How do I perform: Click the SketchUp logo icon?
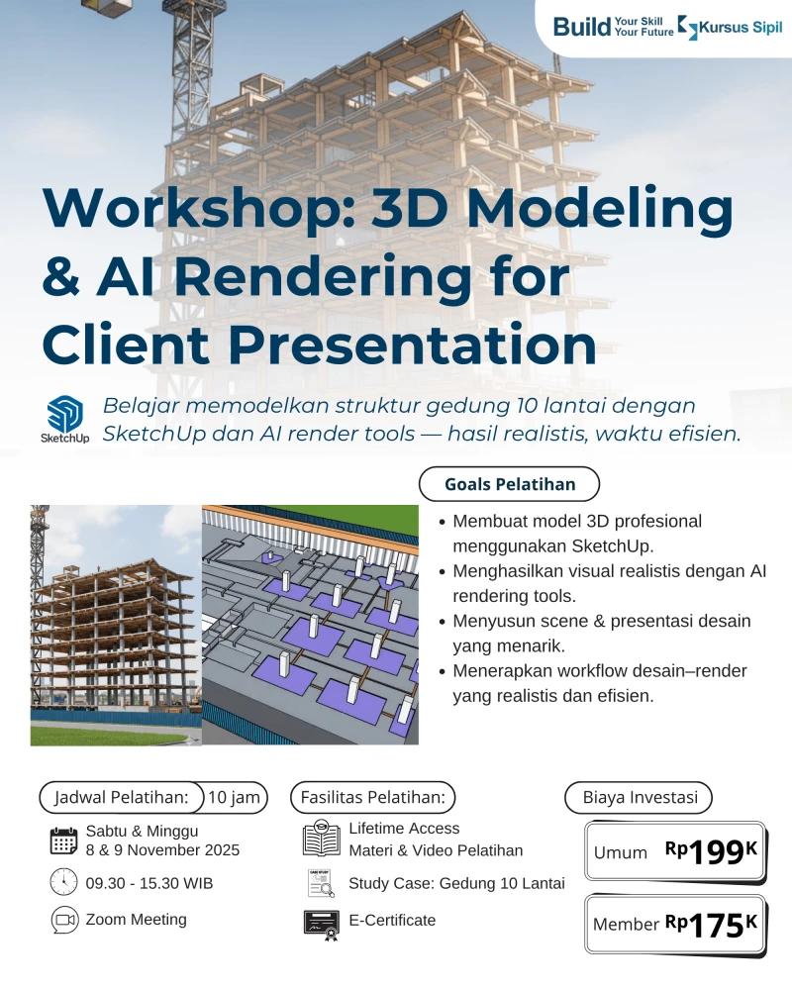tap(64, 414)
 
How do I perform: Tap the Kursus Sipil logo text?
tap(740, 28)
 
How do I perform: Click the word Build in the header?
tap(582, 27)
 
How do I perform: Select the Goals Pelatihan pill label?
tap(509, 484)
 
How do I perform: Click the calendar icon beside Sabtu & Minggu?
tap(63, 841)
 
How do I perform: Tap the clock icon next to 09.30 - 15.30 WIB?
tap(63, 882)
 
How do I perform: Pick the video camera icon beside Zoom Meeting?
tap(63, 920)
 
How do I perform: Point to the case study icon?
tap(321, 883)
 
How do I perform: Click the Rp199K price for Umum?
tap(711, 851)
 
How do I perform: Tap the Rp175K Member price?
tap(711, 925)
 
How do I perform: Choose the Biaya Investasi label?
tap(639, 797)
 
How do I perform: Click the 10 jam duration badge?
tap(234, 797)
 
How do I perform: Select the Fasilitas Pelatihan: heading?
tap(372, 797)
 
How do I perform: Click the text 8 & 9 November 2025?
tap(162, 849)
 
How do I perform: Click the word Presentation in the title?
tap(412, 345)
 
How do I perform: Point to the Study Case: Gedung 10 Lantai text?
tap(456, 883)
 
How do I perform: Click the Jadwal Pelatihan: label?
tap(121, 797)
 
